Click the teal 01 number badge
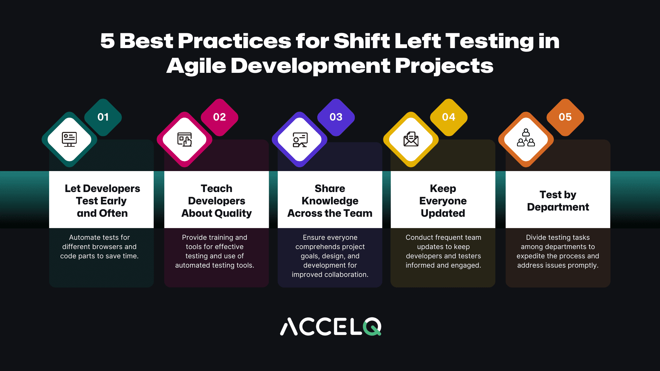click(103, 117)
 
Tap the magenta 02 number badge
click(219, 117)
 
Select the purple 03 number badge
click(336, 117)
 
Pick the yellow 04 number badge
click(449, 117)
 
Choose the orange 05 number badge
click(565, 117)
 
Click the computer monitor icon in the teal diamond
click(69, 139)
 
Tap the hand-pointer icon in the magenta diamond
click(185, 139)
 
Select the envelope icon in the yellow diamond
click(411, 139)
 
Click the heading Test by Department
click(558, 201)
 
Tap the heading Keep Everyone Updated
click(443, 201)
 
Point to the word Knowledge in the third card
click(330, 201)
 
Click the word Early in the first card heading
click(114, 201)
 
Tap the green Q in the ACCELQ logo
click(372, 326)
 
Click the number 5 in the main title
click(107, 41)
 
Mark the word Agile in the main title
click(196, 66)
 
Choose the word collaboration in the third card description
click(347, 274)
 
